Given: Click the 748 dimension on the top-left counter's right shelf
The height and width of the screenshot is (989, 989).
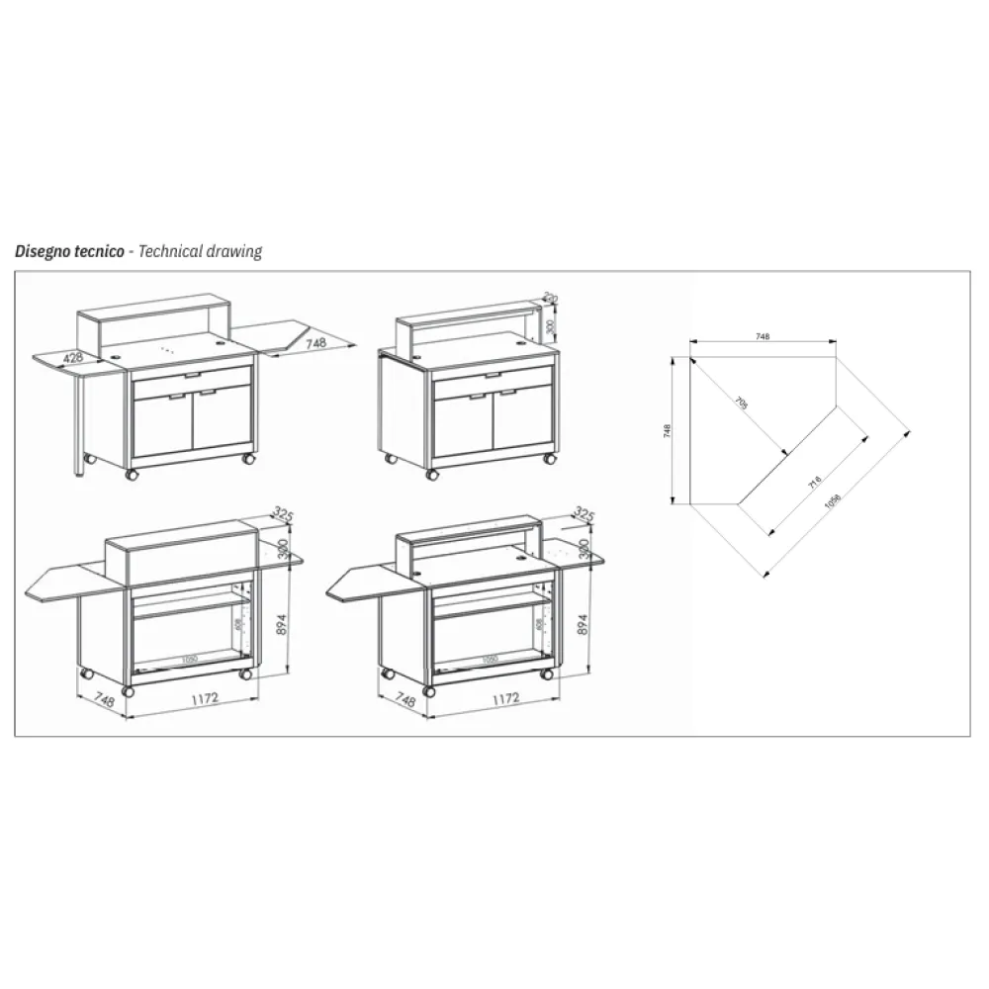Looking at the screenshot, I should click(315, 343).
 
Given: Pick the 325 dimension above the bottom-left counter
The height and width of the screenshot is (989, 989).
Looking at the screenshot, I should click(285, 514).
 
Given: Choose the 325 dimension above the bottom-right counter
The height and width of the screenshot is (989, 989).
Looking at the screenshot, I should click(584, 514).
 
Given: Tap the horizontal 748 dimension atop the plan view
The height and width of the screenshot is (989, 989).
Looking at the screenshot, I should click(763, 337).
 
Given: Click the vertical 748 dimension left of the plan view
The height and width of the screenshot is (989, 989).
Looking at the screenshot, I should click(669, 431).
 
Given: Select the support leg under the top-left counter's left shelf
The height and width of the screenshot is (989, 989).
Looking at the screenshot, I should click(78, 425).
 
